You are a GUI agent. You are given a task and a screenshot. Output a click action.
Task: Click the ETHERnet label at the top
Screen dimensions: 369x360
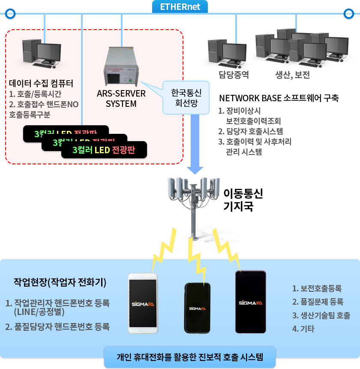[180, 7]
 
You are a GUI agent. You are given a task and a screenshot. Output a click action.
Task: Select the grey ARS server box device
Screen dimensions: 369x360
[122, 67]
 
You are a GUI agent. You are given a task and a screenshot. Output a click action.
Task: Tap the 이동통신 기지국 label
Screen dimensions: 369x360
[243, 200]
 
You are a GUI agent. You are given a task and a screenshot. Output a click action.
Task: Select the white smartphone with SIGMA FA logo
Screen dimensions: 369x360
[143, 303]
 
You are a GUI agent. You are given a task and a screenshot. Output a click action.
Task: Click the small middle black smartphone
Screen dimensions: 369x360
[198, 308]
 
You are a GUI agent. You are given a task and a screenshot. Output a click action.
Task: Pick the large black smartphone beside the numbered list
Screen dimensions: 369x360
[251, 302]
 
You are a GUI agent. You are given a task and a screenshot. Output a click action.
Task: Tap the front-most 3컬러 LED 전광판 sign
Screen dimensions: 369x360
[104, 150]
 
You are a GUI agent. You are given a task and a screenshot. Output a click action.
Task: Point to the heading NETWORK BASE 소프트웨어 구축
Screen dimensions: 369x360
[279, 98]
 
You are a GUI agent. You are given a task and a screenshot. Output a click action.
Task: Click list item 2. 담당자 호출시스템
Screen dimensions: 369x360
[250, 131]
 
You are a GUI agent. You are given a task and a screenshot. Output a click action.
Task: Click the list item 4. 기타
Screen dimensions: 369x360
[303, 329]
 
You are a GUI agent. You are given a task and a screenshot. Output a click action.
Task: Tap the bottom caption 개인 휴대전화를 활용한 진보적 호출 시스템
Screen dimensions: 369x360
[190, 357]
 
